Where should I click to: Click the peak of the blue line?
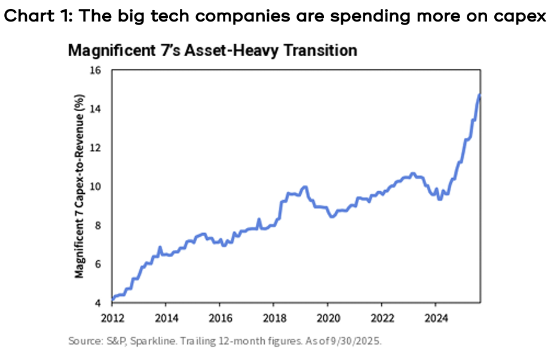[x=479, y=94]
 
